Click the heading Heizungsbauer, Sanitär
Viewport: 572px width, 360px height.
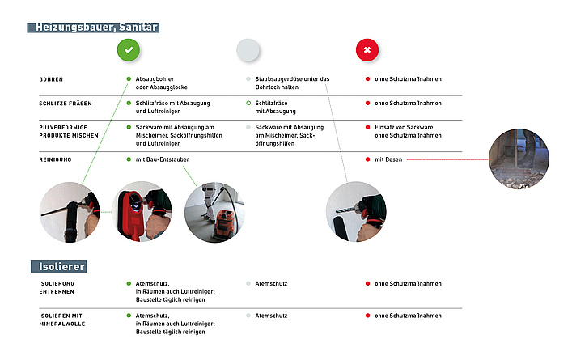click(94, 28)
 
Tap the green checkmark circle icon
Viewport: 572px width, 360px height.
click(127, 50)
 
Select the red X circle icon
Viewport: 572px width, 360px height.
click(367, 50)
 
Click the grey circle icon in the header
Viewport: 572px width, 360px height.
click(248, 50)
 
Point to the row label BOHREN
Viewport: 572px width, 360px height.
click(51, 79)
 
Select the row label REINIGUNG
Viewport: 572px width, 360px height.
click(56, 160)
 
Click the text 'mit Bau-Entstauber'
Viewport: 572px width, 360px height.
click(162, 160)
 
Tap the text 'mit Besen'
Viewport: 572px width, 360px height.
click(388, 160)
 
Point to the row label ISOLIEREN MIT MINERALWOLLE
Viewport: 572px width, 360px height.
click(65, 320)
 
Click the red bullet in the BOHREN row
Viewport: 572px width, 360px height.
click(367, 79)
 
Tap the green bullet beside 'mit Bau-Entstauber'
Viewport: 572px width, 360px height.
click(128, 160)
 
